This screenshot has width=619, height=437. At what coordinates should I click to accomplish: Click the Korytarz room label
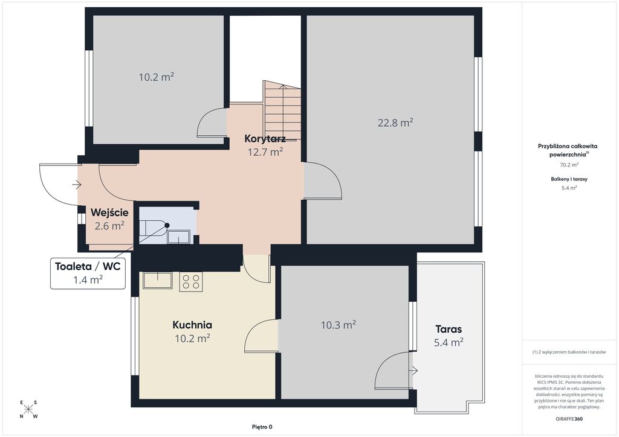(265, 139)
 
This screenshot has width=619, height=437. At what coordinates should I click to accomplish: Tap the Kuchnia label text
(192, 325)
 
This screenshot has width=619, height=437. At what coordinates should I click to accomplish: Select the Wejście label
(109, 213)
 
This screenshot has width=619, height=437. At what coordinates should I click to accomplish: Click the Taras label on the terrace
(449, 329)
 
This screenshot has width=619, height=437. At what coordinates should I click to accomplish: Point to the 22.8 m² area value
(395, 123)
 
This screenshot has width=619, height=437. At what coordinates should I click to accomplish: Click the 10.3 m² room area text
(339, 325)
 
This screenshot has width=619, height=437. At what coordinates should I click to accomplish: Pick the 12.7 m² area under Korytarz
(265, 152)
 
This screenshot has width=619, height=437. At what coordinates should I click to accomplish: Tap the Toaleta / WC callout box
(88, 273)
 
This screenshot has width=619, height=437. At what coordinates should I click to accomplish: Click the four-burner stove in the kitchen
(191, 282)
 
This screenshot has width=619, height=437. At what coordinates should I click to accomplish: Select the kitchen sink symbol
(158, 280)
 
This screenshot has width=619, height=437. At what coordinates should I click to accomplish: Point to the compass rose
(28, 409)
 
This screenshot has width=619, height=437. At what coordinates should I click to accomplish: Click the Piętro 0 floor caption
(262, 427)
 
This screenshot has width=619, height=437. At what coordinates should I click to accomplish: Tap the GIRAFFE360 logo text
(568, 419)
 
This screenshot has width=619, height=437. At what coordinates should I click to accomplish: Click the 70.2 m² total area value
(569, 165)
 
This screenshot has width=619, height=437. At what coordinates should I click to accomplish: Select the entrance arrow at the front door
(77, 185)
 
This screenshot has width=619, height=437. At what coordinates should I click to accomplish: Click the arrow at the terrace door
(413, 371)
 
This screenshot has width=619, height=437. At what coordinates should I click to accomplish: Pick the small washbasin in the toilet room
(179, 237)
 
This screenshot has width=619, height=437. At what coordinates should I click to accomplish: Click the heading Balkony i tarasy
(569, 179)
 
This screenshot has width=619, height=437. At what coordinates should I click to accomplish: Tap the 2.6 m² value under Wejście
(109, 226)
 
